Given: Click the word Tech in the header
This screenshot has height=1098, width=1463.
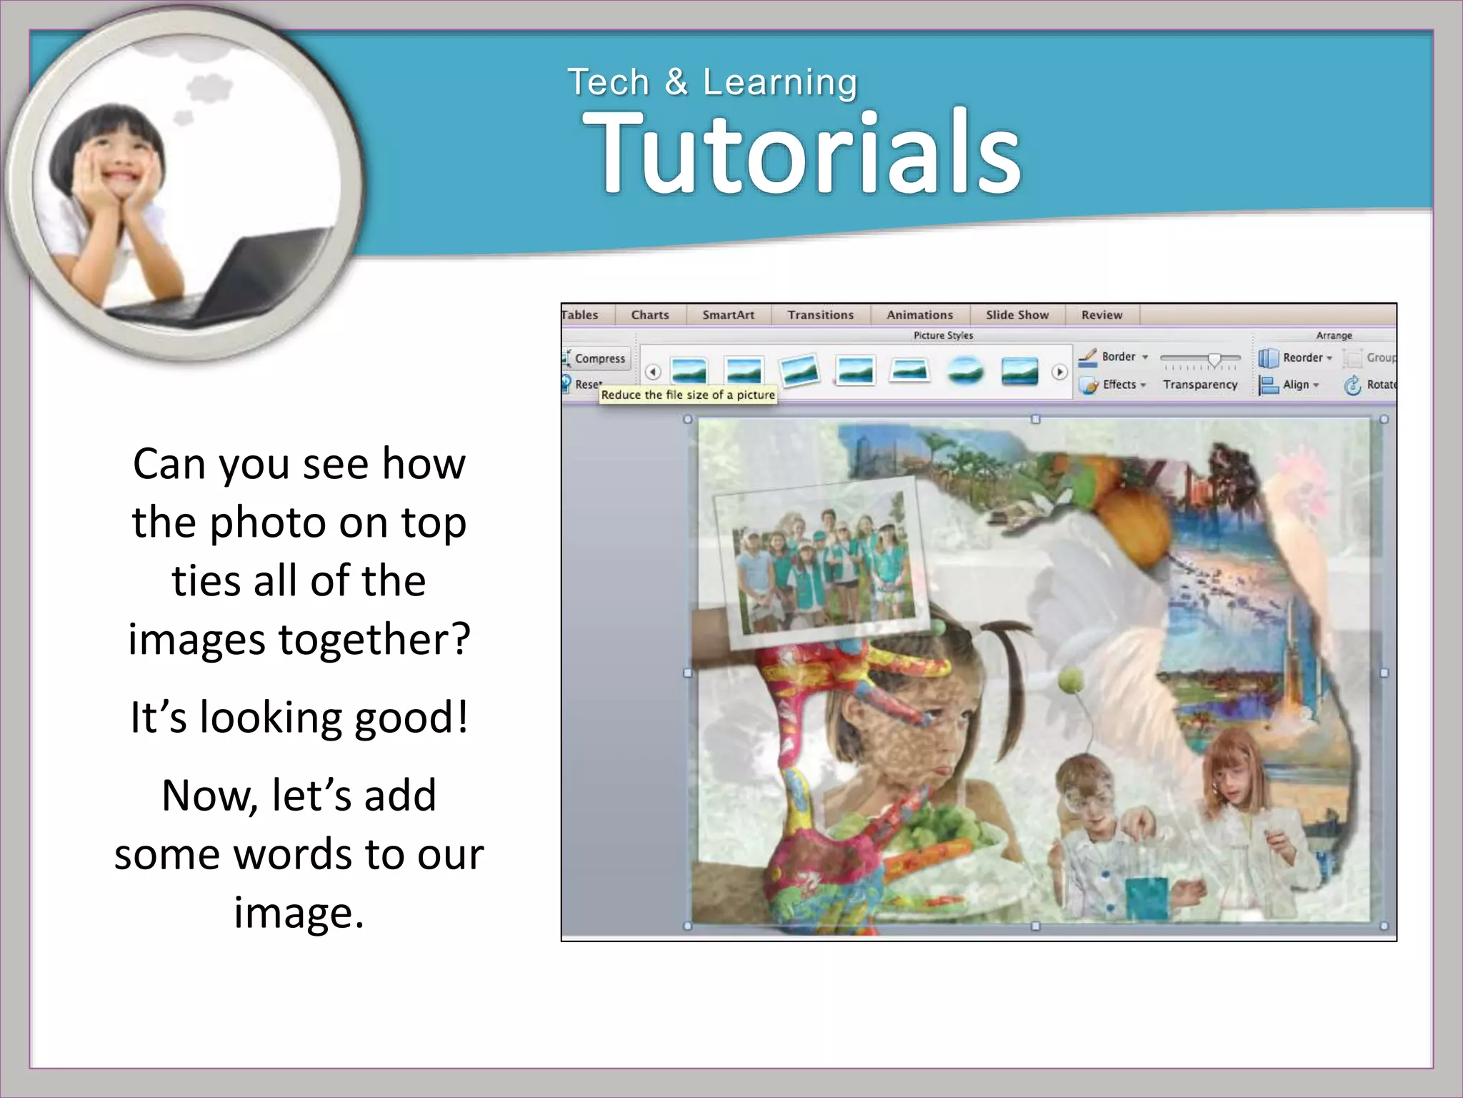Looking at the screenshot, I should [608, 82].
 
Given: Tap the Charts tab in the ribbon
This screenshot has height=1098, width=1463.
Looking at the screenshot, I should [649, 315].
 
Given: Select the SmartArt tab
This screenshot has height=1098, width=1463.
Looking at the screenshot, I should [728, 315].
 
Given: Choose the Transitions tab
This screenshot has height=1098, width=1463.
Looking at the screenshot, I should [820, 315].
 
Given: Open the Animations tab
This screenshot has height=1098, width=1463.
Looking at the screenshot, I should [919, 315].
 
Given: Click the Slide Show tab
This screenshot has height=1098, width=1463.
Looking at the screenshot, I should [1017, 315].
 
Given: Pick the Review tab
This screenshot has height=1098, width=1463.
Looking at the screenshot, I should [1102, 315].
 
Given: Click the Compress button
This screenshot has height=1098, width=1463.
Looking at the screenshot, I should [599, 358].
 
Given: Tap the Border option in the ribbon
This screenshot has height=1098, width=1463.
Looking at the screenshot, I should [1118, 356].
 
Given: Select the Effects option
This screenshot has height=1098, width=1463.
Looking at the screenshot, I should [1119, 385].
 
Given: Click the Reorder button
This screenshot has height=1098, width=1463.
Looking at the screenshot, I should [1302, 357].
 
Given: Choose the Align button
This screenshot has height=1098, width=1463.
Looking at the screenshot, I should [1295, 385].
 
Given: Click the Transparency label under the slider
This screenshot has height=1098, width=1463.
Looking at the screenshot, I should [1199, 385].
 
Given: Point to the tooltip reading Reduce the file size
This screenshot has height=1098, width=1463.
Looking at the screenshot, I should [687, 395].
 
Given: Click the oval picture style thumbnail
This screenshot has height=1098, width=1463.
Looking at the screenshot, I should [965, 371].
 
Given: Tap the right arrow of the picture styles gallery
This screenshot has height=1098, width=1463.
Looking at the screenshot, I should [1059, 372].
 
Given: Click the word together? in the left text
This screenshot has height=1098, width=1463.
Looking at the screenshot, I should [374, 638].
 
